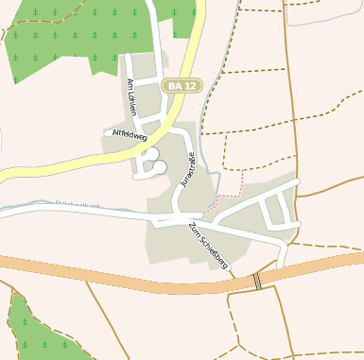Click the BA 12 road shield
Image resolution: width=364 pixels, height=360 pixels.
pyautogui.click(x=182, y=86)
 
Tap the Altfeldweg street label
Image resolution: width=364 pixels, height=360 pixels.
pyautogui.click(x=130, y=136)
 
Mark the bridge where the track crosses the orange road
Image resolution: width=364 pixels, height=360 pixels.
pyautogui.click(x=257, y=282)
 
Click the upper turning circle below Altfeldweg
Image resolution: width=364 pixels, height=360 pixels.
pyautogui.click(x=151, y=154)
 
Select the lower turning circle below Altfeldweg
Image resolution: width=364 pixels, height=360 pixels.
pyautogui.click(x=158, y=168)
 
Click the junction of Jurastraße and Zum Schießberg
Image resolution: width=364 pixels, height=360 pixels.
pyautogui.click(x=178, y=218)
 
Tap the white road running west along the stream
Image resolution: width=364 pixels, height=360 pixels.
pyautogui.click(x=66, y=212)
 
